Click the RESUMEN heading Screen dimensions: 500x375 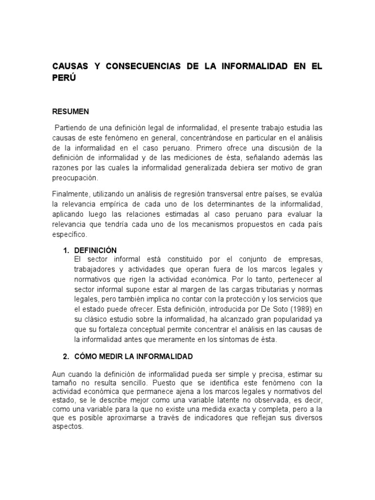click(x=70, y=111)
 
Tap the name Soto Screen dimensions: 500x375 click(x=278, y=309)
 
